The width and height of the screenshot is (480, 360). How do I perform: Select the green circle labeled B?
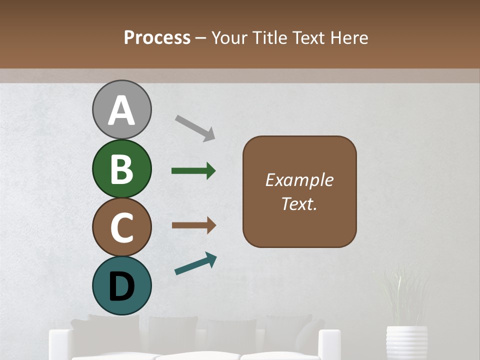click(x=121, y=168)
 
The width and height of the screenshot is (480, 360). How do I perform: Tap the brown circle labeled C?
click(x=121, y=227)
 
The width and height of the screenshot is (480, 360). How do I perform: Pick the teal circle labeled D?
click(x=121, y=285)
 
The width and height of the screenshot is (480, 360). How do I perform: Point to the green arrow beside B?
click(x=193, y=171)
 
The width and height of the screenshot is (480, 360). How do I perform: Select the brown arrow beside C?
click(x=193, y=225)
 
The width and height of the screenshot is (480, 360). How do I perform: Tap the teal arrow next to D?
click(x=195, y=264)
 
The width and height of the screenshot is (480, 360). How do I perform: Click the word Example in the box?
click(x=299, y=180)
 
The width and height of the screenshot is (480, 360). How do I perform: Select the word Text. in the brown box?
click(x=299, y=204)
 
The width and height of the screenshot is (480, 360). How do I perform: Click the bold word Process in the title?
click(x=157, y=37)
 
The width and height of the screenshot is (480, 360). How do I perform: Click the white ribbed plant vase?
click(x=406, y=342)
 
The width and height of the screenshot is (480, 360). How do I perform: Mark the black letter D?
click(x=121, y=286)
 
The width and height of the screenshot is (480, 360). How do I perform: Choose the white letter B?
click(x=121, y=169)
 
